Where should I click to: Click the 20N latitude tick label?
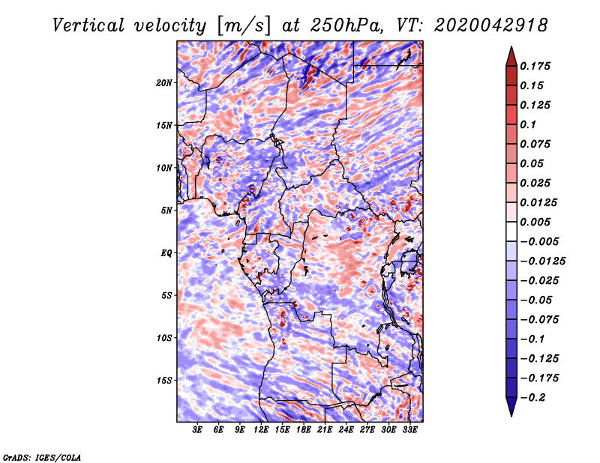tap(164, 83)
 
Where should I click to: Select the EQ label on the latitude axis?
tap(166, 253)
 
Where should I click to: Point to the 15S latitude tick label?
tap(164, 381)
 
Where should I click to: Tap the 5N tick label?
tap(166, 211)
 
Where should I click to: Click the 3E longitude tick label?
tap(197, 429)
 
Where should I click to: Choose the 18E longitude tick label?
tap(304, 429)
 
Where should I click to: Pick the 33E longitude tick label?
tap(409, 429)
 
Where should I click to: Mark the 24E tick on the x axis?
tap(346, 429)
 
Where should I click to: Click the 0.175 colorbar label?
tap(535, 66)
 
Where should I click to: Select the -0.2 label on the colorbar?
tap(532, 398)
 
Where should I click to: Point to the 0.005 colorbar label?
tap(535, 222)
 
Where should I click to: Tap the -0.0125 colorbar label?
tap(542, 261)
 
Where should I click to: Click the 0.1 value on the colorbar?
tap(528, 124)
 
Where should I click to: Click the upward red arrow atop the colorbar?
tap(511, 56)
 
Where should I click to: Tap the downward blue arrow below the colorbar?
tap(511, 407)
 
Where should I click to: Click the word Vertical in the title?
tap(88, 25)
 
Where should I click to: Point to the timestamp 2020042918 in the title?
tap(491, 25)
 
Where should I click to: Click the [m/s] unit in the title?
tap(244, 25)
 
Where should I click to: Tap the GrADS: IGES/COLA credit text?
tap(42, 457)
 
